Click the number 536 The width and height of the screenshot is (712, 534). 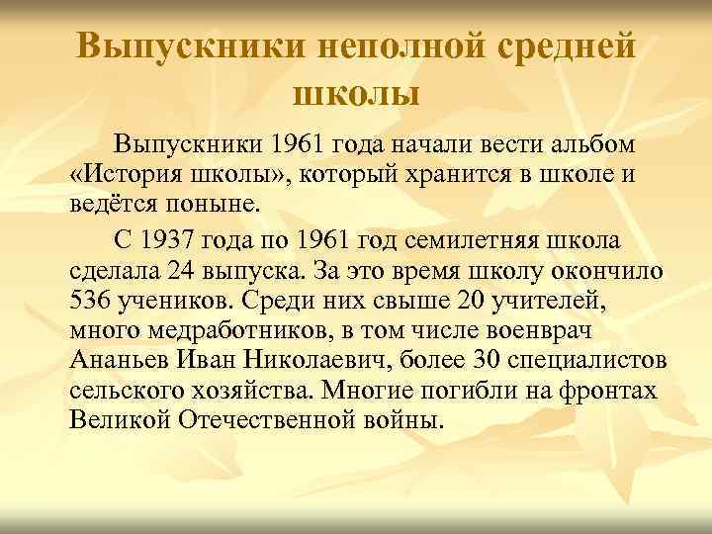[95, 301]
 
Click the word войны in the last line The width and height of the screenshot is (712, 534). [402, 423]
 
